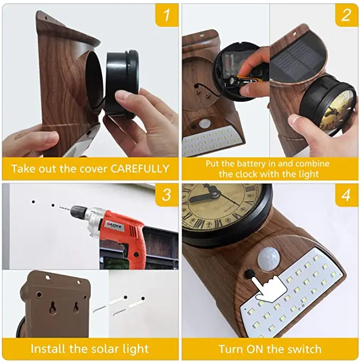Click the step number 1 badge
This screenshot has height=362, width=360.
(x=166, y=15)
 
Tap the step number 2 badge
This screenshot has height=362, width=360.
(x=346, y=15)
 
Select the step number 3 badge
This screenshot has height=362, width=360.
(x=166, y=195)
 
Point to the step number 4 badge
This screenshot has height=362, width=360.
(x=346, y=195)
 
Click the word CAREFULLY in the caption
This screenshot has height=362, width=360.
(x=140, y=169)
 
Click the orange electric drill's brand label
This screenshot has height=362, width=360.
(x=115, y=225)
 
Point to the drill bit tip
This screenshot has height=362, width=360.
(x=60, y=207)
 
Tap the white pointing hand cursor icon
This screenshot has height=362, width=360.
(x=269, y=287)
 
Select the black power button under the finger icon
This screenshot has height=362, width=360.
(x=249, y=274)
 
